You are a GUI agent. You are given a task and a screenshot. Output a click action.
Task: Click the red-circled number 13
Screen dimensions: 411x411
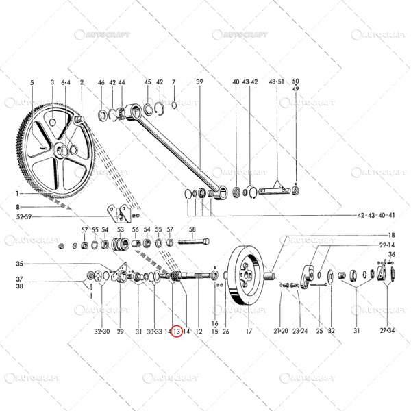point(177,331)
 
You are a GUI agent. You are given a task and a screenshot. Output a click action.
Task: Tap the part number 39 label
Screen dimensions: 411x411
point(200,82)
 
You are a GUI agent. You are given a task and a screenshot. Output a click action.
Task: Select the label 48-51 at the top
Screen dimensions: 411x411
point(277,82)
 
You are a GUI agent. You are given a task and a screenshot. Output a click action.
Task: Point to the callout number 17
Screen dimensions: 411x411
point(249,331)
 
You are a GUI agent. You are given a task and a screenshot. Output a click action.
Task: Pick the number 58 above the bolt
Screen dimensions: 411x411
point(192,229)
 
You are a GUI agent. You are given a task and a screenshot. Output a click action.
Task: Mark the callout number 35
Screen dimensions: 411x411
point(19,264)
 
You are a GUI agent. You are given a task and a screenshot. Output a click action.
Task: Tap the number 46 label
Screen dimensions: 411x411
point(101,82)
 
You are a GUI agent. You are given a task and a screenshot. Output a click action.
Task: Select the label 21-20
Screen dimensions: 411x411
point(281,331)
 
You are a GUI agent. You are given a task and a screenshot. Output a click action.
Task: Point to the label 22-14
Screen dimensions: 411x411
point(386,245)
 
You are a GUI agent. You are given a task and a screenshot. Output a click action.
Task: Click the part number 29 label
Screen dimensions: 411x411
point(120,331)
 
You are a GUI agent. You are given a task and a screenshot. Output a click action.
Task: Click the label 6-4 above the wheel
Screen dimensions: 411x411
point(66,82)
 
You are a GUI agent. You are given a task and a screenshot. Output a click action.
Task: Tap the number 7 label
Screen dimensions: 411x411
point(174,82)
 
